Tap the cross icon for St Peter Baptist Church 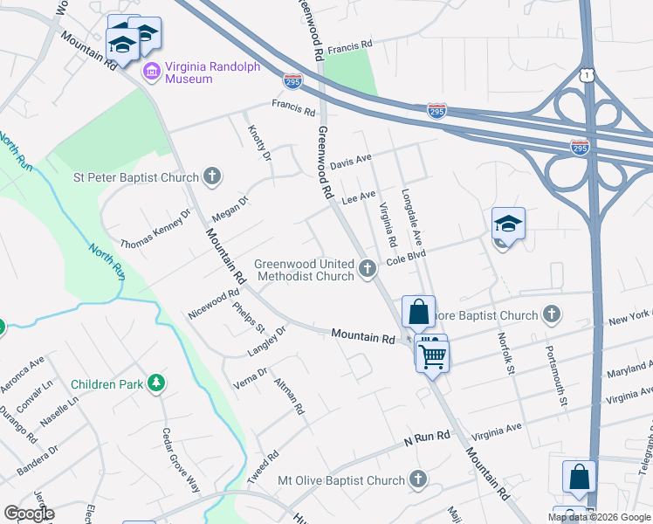click(x=211, y=177)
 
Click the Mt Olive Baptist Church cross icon click(x=418, y=479)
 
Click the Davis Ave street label click(x=351, y=161)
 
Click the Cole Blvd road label click(x=405, y=256)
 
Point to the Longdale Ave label click(x=412, y=217)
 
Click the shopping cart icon click(x=432, y=355)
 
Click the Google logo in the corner click(x=29, y=514)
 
